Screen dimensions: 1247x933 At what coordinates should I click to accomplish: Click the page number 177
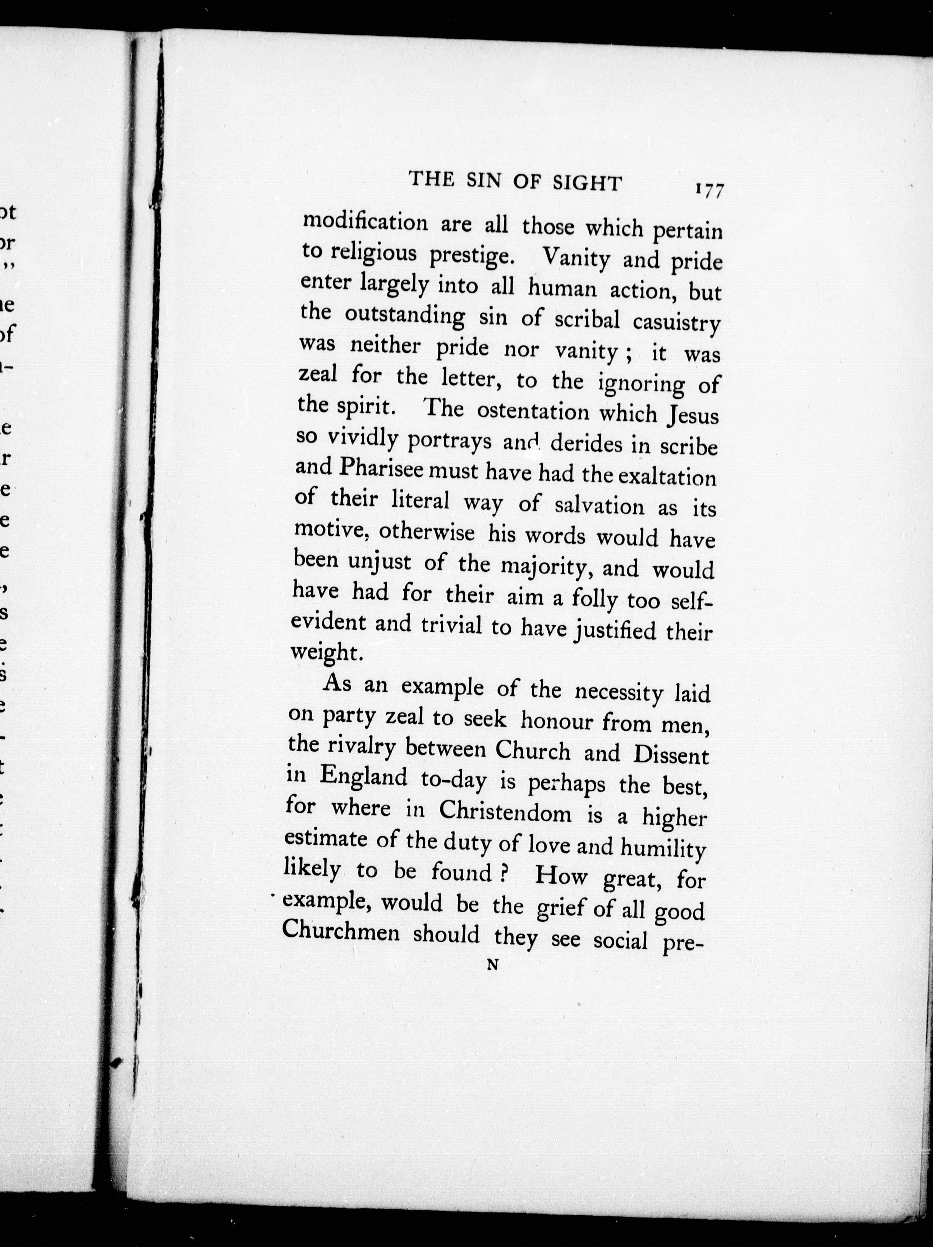pos(709,190)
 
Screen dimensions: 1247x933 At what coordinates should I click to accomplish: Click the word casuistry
pos(676,322)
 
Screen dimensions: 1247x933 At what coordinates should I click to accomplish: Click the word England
pos(364,777)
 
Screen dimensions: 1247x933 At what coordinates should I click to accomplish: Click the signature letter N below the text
pos(492,965)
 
